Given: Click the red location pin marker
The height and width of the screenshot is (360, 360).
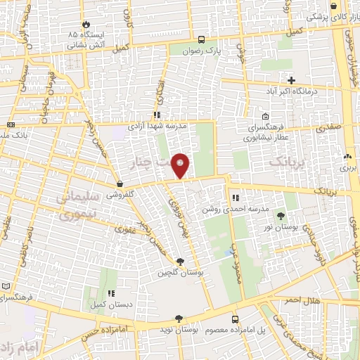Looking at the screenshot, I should click(x=182, y=165).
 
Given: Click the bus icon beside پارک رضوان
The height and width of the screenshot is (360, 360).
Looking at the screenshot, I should click(x=202, y=40).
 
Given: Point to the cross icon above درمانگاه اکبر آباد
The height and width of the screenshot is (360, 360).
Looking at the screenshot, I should click(x=292, y=81).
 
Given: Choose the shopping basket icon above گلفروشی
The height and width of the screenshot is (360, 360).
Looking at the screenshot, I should click(x=121, y=184).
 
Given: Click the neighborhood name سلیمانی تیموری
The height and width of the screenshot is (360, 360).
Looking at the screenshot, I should click(x=81, y=209).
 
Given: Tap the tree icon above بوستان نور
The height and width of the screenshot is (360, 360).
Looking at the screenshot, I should click(x=281, y=216).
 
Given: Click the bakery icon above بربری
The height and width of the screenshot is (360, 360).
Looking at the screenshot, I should click(x=347, y=156).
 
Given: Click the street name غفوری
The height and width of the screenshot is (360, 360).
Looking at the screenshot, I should click(x=127, y=229).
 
